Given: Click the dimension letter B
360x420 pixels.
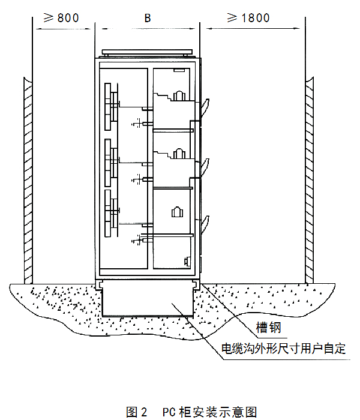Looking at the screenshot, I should click(x=148, y=17).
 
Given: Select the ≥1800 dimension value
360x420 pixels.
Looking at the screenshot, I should click(x=248, y=17).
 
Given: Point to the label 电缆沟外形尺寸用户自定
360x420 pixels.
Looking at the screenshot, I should click(x=284, y=348).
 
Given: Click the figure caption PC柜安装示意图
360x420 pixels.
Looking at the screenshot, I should click(x=209, y=412).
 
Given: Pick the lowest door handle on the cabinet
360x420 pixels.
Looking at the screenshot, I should click(x=205, y=223).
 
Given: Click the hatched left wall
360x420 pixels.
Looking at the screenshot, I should click(x=28, y=180).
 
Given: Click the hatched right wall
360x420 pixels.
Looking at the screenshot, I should click(x=310, y=180).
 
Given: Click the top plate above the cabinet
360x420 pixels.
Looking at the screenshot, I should click(x=148, y=53).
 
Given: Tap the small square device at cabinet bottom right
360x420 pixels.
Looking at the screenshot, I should click(x=187, y=262).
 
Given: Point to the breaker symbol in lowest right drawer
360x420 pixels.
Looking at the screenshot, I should click(x=177, y=212).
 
